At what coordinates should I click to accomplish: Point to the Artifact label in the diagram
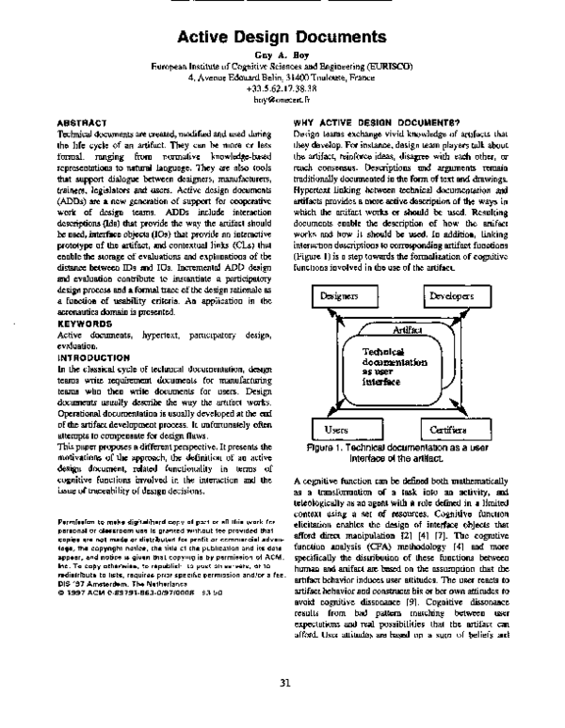click(x=408, y=330)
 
